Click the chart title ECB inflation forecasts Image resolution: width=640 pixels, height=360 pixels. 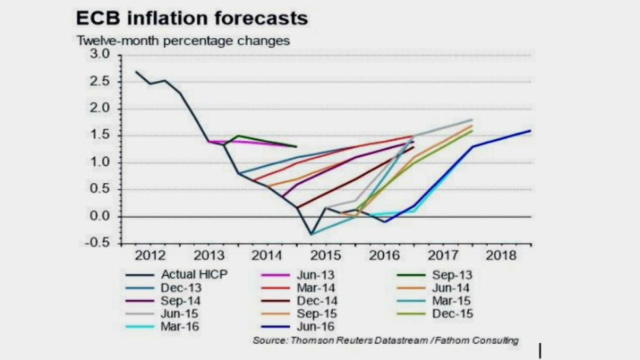pyautogui.click(x=192, y=18)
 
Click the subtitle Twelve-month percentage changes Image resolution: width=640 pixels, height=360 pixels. pyautogui.click(x=183, y=40)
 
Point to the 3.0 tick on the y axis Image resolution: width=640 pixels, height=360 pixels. pyautogui.click(x=99, y=54)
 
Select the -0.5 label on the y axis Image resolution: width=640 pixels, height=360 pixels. pyautogui.click(x=97, y=243)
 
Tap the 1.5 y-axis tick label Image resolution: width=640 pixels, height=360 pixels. pyautogui.click(x=99, y=135)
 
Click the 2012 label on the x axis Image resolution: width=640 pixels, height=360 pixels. pyautogui.click(x=150, y=255)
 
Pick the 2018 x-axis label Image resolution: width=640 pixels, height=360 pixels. pyautogui.click(x=501, y=255)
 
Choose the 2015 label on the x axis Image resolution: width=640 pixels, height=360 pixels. pyautogui.click(x=326, y=255)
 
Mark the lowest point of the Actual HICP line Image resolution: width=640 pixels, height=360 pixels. pyautogui.click(x=311, y=234)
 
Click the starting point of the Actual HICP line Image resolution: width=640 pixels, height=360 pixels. pyautogui.click(x=136, y=72)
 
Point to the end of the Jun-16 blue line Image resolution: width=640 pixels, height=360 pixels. pyautogui.click(x=530, y=130)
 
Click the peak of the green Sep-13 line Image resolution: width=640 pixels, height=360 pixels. pyautogui.click(x=238, y=136)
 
